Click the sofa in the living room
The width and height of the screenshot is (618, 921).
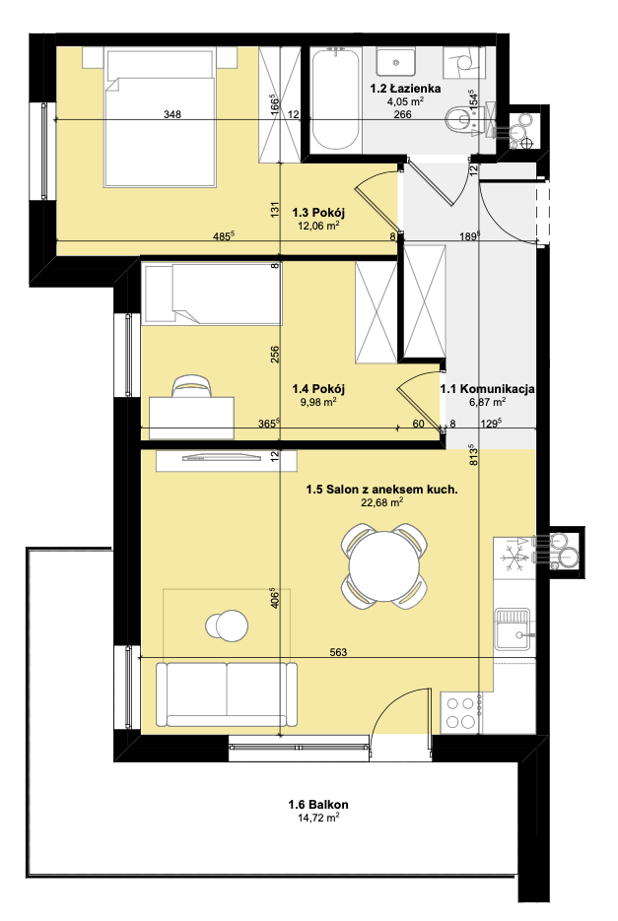[x=227, y=693]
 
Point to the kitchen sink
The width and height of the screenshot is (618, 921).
[x=514, y=629]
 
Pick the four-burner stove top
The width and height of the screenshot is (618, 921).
[x=460, y=712]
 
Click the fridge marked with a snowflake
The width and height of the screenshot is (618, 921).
[x=514, y=557]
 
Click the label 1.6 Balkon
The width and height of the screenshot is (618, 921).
[x=318, y=804]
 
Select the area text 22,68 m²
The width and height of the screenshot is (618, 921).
[x=382, y=502]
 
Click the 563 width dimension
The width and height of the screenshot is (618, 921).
[x=339, y=652]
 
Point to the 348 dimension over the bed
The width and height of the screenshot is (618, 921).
[x=172, y=114]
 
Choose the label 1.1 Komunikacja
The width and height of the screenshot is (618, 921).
[x=488, y=388]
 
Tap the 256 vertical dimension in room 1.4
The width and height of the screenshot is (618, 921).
[x=275, y=355]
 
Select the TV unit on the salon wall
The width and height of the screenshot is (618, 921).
[x=226, y=460]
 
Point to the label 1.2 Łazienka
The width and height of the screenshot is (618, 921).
[x=405, y=89]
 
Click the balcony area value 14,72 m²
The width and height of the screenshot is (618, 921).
[x=318, y=817]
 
